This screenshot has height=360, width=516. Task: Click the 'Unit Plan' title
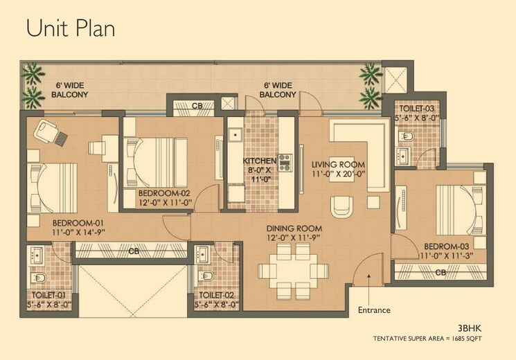71,28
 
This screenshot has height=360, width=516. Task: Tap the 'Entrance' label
374,309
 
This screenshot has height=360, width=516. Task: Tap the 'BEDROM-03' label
445,247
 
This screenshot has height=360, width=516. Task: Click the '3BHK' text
470,327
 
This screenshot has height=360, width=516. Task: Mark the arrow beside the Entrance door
369,278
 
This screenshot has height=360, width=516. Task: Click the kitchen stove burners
285,161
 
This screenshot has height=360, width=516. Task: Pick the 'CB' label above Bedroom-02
197,106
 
